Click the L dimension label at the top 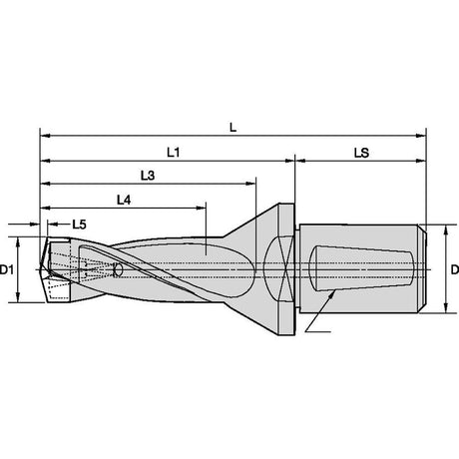point(232,127)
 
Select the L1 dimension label point(174,153)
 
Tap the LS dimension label point(361,153)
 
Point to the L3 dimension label point(148,176)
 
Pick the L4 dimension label point(124,200)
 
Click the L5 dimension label point(79,225)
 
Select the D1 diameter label point(7,269)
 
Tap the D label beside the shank point(455,269)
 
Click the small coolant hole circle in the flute point(118,269)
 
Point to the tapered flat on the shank point(361,268)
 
